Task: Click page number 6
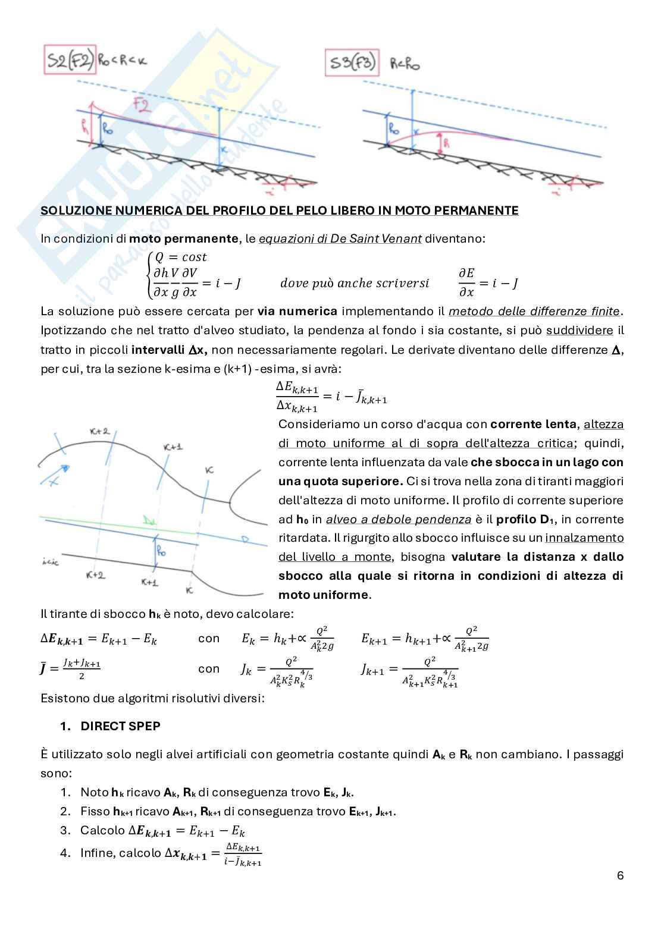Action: pos(620,875)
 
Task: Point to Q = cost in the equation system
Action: pos(180,257)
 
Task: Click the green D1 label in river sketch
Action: pos(149,522)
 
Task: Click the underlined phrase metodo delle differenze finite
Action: pos(534,311)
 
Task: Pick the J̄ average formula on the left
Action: pos(70,668)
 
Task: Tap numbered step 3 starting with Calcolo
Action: pos(162,831)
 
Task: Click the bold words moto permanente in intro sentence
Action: pos(184,238)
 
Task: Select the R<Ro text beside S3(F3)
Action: pos(405,64)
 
